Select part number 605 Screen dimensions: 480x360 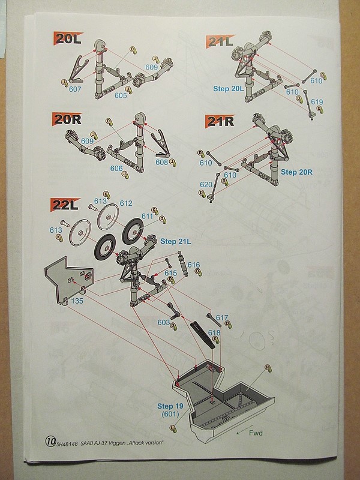121,95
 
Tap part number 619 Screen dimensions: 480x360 317,102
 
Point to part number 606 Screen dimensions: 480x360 116,169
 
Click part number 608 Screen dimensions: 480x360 162,162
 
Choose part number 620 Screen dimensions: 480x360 206,185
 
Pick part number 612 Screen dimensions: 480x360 125,203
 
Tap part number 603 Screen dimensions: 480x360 163,323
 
